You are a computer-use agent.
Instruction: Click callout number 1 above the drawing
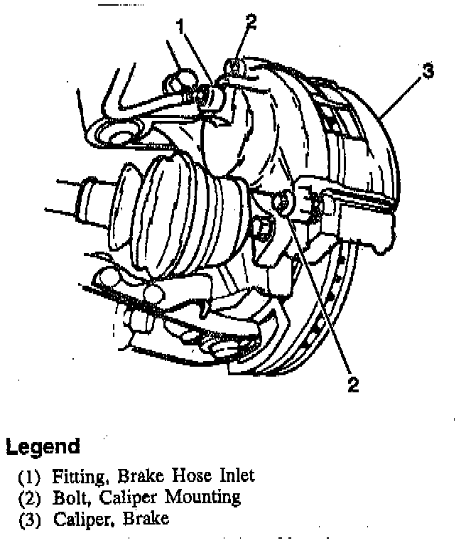click(181, 27)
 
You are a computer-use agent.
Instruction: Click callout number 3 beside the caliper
click(428, 70)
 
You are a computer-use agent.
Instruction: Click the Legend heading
click(42, 447)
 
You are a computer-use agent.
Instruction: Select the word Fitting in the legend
click(75, 475)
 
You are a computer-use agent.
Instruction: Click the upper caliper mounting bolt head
click(234, 67)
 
